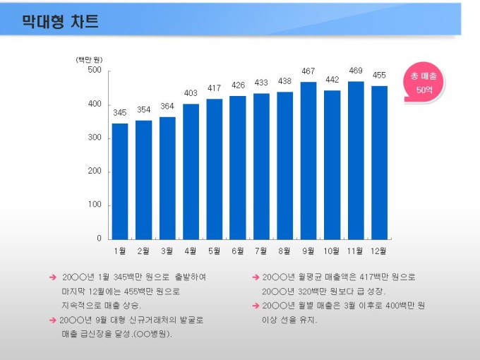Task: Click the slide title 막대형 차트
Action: pyautogui.click(x=60, y=20)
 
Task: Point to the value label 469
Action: pyautogui.click(x=356, y=70)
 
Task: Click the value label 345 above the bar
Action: pyautogui.click(x=120, y=112)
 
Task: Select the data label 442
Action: pyautogui.click(x=332, y=79)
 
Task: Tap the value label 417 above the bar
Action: pyautogui.click(x=214, y=88)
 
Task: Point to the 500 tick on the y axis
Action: pyautogui.click(x=95, y=71)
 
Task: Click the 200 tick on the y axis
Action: pyautogui.click(x=95, y=172)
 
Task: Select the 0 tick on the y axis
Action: pyautogui.click(x=99, y=239)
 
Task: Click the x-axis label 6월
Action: pyautogui.click(x=237, y=251)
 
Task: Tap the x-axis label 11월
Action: pyautogui.click(x=355, y=251)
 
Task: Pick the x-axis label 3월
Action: pyautogui.click(x=167, y=251)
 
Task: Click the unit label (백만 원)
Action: pyautogui.click(x=90, y=59)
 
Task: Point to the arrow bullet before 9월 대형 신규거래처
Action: pyautogui.click(x=53, y=320)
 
